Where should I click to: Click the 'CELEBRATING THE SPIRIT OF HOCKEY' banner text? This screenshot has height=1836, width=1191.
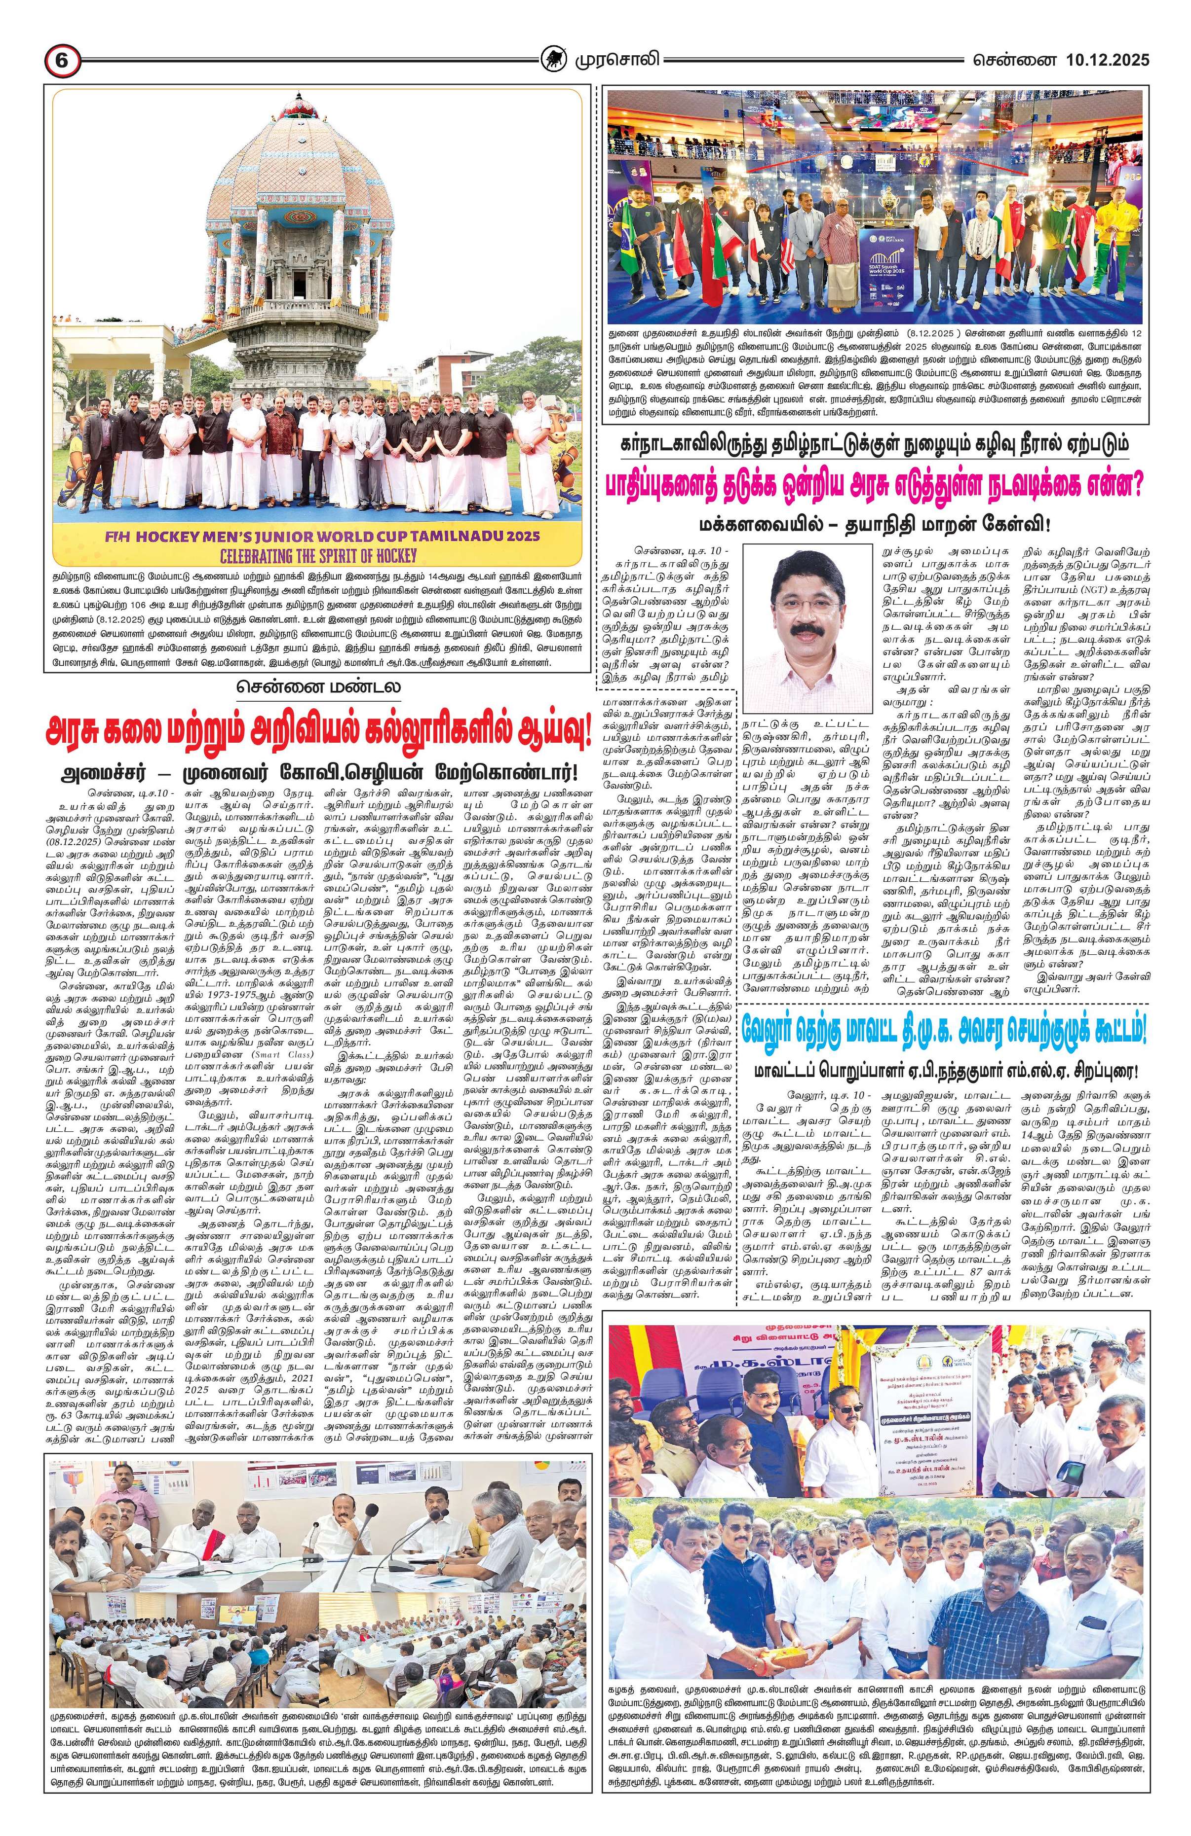(x=318, y=555)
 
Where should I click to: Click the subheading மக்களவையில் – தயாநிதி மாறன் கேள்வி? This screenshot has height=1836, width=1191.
(x=876, y=524)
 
